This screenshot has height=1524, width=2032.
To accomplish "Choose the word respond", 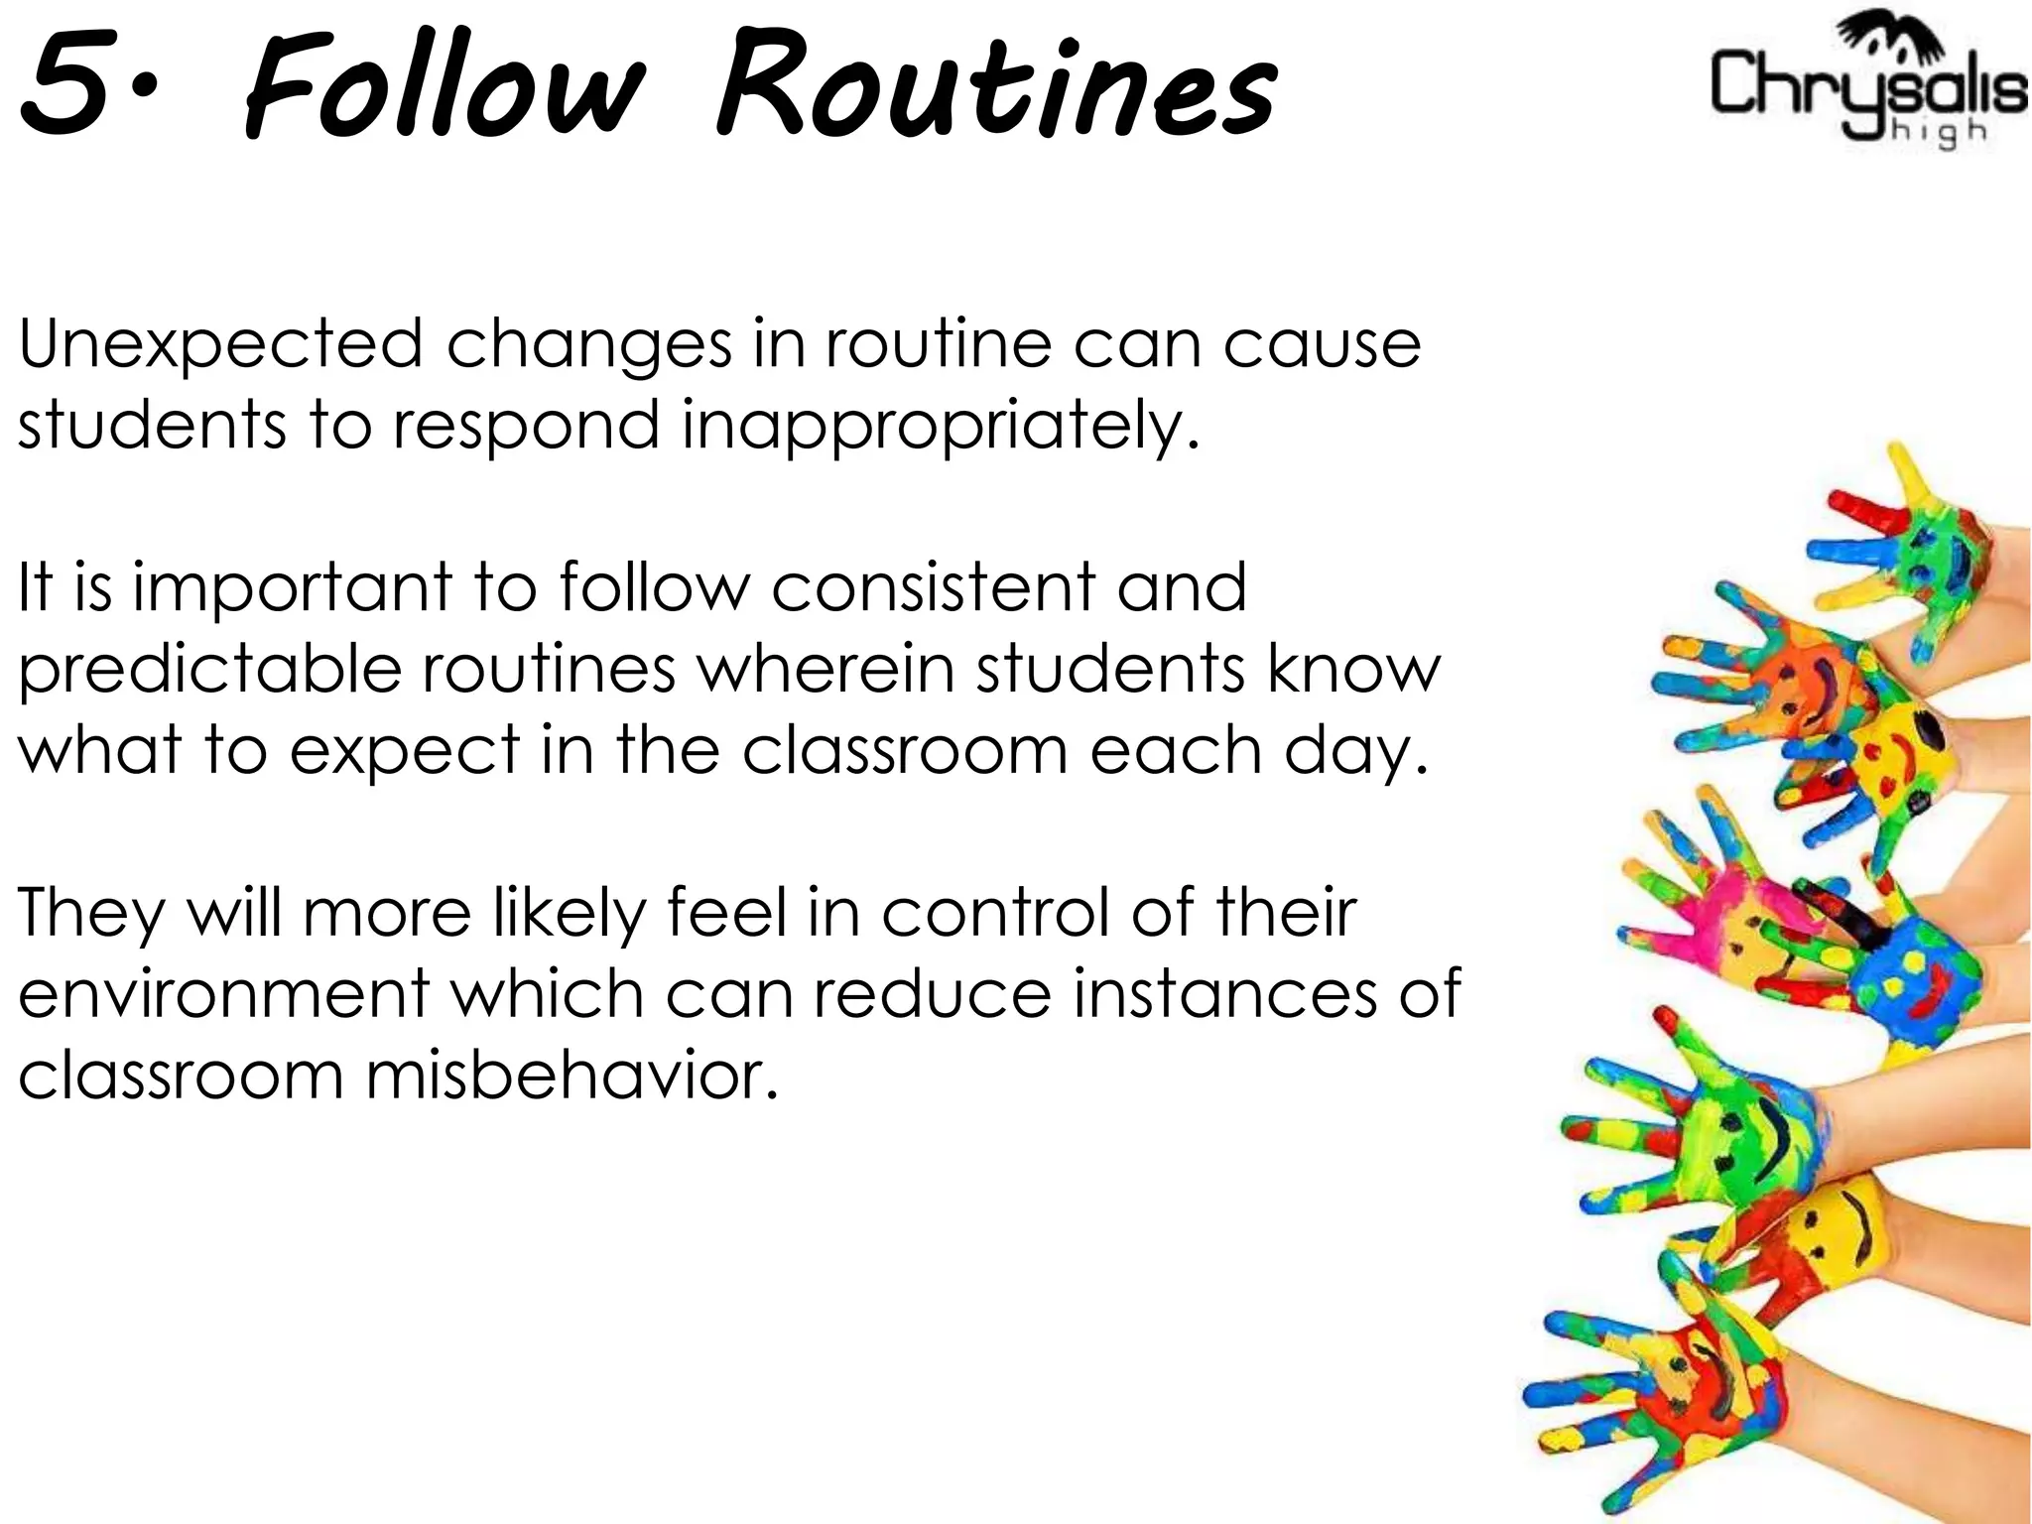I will [527, 425].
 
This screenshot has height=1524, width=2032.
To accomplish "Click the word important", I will [293, 587].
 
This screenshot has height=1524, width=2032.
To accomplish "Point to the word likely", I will [570, 913].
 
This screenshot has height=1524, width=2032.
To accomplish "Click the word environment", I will [224, 993].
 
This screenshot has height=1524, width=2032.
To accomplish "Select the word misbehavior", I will [571, 1075].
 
